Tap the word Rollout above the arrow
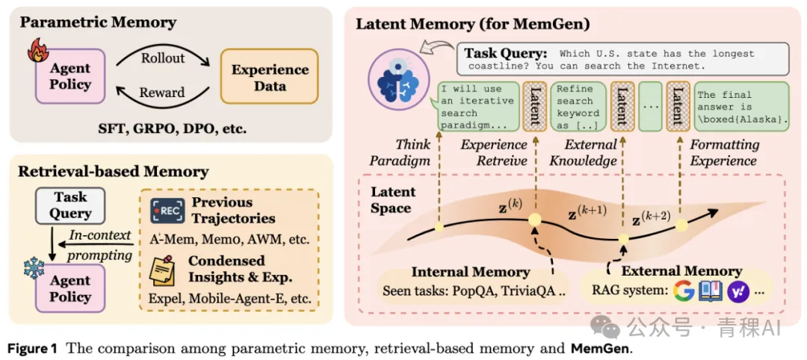163,58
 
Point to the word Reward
161,93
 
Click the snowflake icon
33,268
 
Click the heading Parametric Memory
98,22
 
